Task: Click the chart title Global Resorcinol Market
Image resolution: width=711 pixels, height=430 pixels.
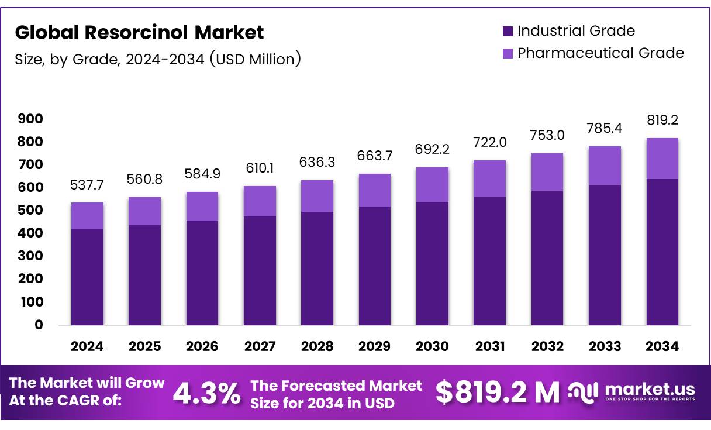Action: tap(139, 33)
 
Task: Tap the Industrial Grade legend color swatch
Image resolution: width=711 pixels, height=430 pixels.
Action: tap(508, 31)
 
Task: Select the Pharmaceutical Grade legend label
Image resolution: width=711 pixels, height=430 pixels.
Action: tap(600, 53)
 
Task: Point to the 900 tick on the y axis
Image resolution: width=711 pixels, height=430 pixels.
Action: tap(31, 119)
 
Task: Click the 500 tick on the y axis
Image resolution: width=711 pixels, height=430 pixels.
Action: tap(31, 210)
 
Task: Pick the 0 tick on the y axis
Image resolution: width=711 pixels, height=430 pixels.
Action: tap(39, 325)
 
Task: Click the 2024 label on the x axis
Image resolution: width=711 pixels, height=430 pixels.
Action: tap(87, 346)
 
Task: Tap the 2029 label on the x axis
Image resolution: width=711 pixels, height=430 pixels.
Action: tap(375, 346)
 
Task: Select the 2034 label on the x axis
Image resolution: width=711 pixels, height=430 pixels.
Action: tap(662, 346)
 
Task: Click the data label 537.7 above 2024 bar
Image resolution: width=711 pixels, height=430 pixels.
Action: tap(87, 185)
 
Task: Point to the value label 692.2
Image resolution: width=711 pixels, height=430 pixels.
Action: tap(432, 150)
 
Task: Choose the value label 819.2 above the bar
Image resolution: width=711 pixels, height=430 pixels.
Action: tap(662, 121)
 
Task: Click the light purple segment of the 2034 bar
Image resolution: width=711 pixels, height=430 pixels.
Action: tap(662, 159)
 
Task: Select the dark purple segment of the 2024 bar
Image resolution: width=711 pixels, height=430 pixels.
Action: tap(87, 277)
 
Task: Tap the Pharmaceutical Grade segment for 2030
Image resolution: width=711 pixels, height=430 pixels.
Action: tap(432, 184)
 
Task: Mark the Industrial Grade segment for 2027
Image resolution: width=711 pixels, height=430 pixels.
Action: tap(260, 270)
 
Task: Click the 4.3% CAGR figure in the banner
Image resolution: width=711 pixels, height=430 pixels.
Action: tap(206, 394)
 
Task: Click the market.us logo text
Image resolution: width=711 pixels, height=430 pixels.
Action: tap(650, 390)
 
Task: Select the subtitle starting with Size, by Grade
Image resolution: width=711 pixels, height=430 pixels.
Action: tap(158, 59)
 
